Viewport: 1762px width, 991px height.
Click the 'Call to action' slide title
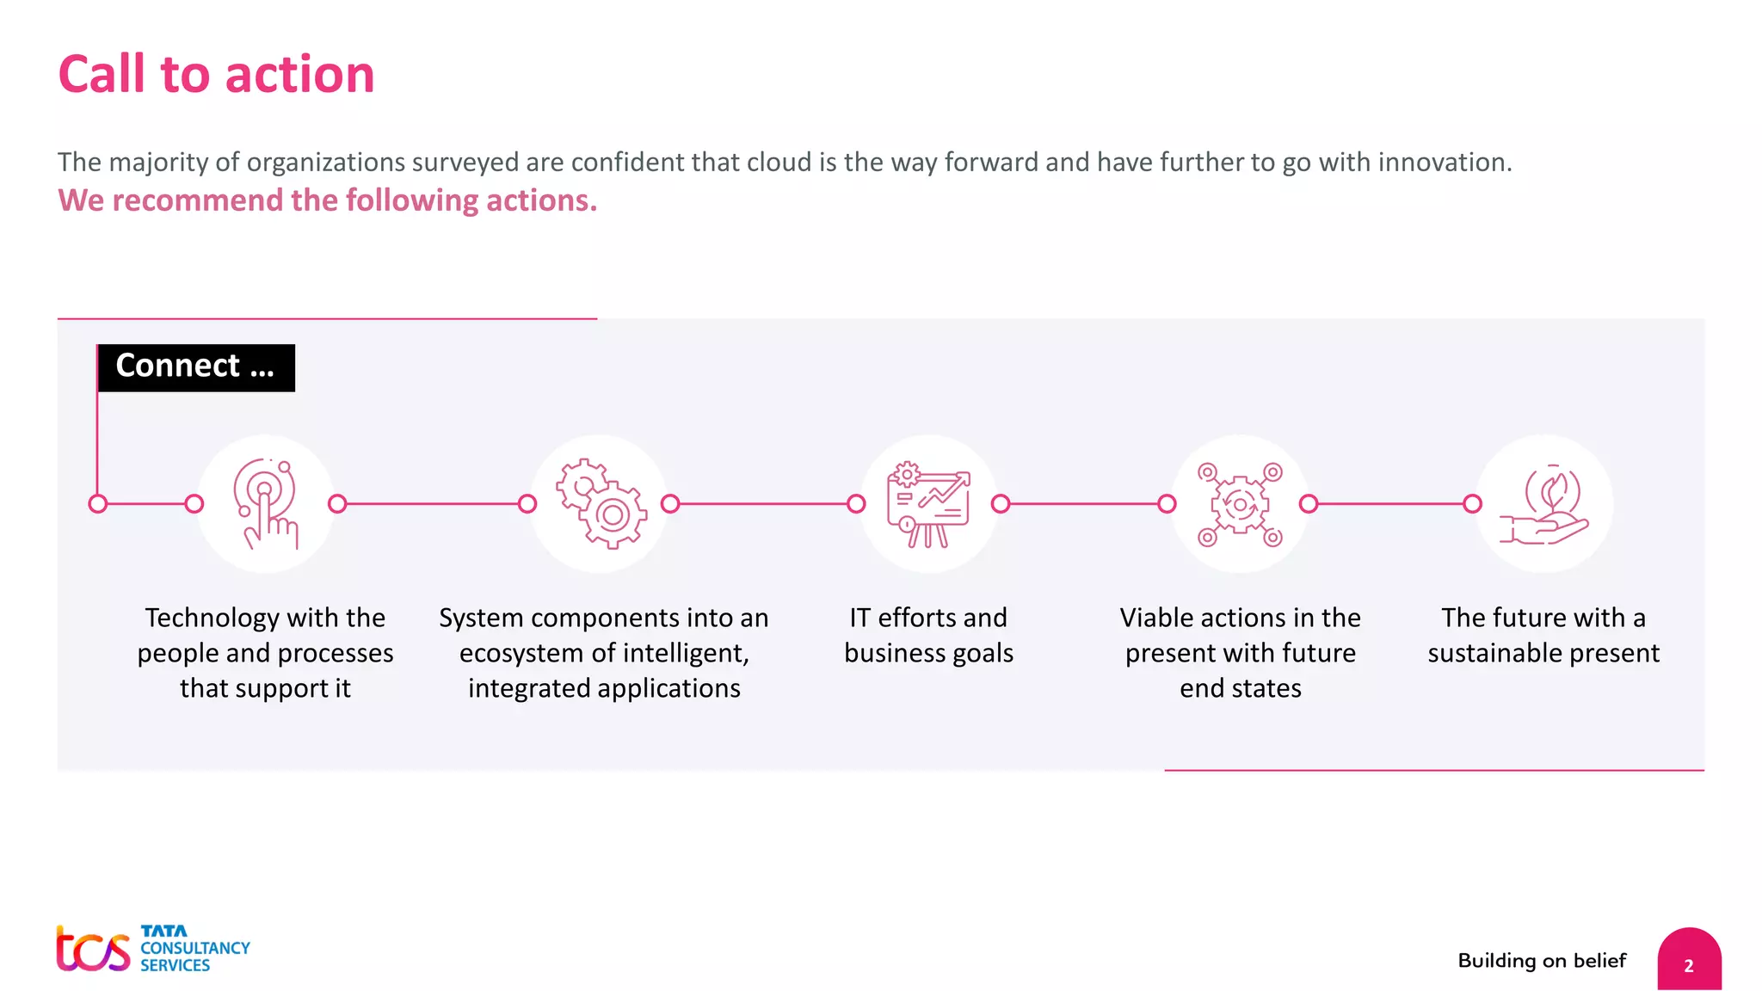216,74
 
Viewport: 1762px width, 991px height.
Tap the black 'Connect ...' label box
196,367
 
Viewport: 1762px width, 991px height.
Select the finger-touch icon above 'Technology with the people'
266,504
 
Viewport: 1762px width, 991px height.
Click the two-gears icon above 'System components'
601,504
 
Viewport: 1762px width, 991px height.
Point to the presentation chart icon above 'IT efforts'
928,504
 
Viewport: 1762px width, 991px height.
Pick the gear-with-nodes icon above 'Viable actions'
1240,504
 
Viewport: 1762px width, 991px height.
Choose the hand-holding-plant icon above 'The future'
1544,504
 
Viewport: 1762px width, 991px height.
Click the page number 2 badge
1689,964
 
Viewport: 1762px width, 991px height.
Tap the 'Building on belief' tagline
1542,960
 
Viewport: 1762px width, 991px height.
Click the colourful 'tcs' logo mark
93,949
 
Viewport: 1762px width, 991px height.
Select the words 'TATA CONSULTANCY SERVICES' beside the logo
194,949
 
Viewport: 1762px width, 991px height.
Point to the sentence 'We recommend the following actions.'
327,200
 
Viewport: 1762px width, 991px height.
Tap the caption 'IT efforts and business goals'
928,635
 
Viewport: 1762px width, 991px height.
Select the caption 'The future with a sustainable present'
1543,635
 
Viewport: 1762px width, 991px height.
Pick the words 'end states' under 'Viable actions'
1240,688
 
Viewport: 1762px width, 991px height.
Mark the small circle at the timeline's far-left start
98,504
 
